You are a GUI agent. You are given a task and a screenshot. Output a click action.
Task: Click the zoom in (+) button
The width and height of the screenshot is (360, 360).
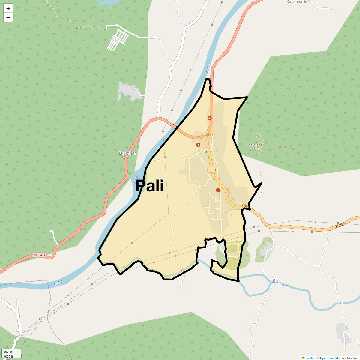pyautogui.click(x=8, y=9)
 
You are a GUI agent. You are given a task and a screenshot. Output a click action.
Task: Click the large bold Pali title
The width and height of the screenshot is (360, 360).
pyautogui.click(x=149, y=186)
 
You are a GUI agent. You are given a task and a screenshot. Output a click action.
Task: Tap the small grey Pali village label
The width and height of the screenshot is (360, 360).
pyautogui.click(x=205, y=151)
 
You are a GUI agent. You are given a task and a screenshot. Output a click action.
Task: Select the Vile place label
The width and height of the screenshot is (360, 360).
pyautogui.click(x=208, y=134)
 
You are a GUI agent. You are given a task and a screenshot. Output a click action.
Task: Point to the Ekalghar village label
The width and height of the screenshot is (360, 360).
pyautogui.click(x=127, y=153)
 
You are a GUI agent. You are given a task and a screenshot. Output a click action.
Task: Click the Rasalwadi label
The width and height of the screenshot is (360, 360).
pyautogui.click(x=296, y=2)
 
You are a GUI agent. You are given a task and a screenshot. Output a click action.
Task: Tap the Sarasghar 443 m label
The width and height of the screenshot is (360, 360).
pyautogui.click(x=256, y=147)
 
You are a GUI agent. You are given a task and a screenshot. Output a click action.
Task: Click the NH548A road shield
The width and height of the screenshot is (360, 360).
pyautogui.click(x=40, y=255)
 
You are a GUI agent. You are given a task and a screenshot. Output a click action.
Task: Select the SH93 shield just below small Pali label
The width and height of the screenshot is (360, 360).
pyautogui.click(x=212, y=170)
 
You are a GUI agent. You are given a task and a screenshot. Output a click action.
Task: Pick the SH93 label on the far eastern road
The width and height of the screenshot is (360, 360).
pyautogui.click(x=339, y=226)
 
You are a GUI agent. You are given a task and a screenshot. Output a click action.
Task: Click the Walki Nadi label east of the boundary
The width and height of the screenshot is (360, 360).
pyautogui.click(x=280, y=283)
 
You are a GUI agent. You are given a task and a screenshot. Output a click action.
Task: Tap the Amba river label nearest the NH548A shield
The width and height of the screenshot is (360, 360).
pyautogui.click(x=58, y=283)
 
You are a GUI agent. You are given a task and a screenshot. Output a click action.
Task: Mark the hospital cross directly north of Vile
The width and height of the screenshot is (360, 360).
pyautogui.click(x=210, y=118)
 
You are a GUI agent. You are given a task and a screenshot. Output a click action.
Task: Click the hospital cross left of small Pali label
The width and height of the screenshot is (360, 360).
pyautogui.click(x=198, y=145)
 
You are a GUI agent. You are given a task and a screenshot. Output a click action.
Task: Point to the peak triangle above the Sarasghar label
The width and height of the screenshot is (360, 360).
pyautogui.click(x=256, y=142)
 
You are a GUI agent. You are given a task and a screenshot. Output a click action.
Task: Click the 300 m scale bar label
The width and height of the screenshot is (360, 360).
pyautogui.click(x=8, y=352)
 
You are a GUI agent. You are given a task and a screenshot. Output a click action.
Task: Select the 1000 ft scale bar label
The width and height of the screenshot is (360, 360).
pyautogui.click(x=8, y=356)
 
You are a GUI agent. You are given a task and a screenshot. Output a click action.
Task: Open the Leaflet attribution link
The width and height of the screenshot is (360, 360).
pyautogui.click(x=310, y=358)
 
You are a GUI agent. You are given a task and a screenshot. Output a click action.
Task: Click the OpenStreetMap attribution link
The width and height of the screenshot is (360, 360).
pyautogui.click(x=330, y=358)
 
